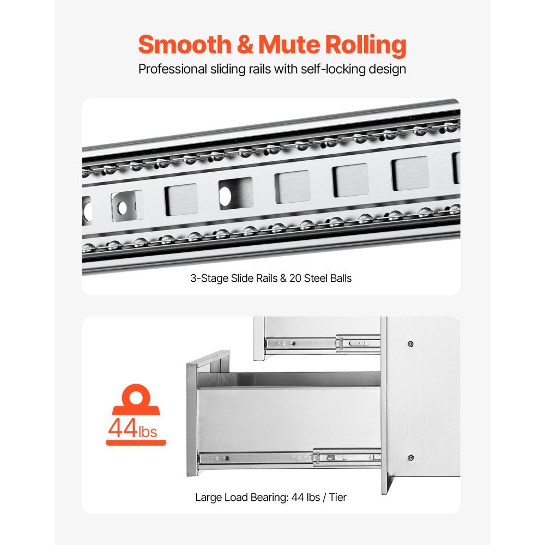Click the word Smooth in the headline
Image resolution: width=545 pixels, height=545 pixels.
click(185, 45)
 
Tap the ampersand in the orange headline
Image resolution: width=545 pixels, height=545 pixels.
click(245, 45)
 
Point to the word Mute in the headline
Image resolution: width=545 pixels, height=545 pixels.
click(289, 45)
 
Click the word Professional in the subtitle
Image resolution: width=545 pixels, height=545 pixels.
click(172, 69)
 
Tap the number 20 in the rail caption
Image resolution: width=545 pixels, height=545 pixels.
click(295, 278)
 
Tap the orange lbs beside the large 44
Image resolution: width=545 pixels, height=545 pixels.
click(148, 431)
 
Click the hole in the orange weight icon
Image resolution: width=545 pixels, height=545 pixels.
click(136, 397)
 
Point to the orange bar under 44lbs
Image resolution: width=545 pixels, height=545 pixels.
click(136, 443)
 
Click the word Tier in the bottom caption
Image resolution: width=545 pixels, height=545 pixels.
click(337, 498)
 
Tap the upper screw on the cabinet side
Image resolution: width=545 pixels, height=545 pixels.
click(410, 344)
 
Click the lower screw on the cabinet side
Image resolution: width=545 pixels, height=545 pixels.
click(410, 458)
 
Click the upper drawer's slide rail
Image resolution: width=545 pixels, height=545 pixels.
click(323, 343)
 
